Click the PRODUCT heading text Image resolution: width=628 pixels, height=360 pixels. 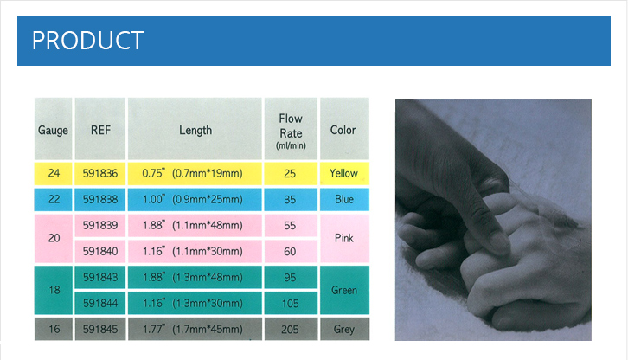(87, 41)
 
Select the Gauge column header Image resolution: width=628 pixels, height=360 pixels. (53, 131)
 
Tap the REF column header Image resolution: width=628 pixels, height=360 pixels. (100, 131)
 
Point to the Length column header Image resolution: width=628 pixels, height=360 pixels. (195, 131)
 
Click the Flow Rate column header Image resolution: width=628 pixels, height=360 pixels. (291, 131)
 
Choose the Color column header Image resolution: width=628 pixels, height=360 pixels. (343, 130)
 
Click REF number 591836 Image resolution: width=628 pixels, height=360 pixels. (100, 173)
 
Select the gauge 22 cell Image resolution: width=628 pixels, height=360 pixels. (54, 199)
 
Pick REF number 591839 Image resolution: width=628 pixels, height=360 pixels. (100, 225)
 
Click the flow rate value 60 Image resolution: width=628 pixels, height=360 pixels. (290, 251)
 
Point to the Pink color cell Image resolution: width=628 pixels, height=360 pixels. (344, 238)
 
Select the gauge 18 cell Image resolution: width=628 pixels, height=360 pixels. (54, 290)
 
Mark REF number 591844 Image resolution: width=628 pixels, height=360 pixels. (100, 303)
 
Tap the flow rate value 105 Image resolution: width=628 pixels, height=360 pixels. (290, 304)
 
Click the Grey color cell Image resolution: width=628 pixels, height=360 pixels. (344, 329)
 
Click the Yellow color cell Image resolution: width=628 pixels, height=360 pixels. (344, 173)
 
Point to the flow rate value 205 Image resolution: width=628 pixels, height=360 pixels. (290, 330)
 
